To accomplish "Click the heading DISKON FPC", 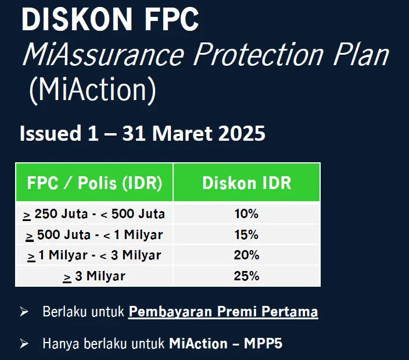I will click(x=110, y=20).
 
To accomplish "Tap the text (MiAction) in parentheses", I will click(x=92, y=91).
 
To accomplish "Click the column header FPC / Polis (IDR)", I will click(x=94, y=183).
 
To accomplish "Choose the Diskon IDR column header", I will click(x=246, y=183).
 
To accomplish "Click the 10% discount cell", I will click(x=246, y=214).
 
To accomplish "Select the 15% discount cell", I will click(x=246, y=235).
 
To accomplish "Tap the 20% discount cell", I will click(x=246, y=255).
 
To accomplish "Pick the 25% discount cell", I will click(x=246, y=276).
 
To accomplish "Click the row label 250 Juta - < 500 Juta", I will click(x=94, y=214).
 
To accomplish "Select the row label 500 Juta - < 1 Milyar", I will click(x=94, y=235).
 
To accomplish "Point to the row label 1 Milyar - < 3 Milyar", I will click(x=94, y=255).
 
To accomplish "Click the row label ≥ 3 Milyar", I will click(x=94, y=276).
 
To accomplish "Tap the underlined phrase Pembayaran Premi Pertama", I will click(x=223, y=312).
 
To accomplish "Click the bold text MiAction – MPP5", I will click(x=225, y=343).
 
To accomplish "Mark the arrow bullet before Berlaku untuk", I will click(x=24, y=312).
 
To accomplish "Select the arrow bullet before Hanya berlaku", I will click(x=24, y=344).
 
